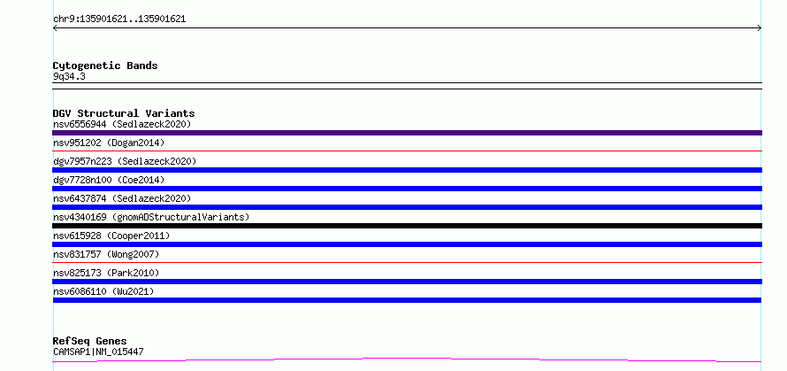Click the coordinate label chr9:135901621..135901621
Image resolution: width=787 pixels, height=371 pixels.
(x=119, y=19)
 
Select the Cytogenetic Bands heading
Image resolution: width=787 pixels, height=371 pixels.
(x=105, y=66)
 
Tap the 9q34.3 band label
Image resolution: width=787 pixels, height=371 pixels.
(x=69, y=77)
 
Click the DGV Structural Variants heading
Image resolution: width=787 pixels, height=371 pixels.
(x=124, y=113)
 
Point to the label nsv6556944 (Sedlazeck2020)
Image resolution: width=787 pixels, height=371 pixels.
(x=122, y=124)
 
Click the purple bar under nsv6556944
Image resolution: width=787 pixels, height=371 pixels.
(x=407, y=133)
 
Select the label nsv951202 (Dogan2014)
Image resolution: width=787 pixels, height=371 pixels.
(x=109, y=143)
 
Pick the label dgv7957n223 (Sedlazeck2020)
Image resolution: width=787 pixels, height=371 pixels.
(x=125, y=161)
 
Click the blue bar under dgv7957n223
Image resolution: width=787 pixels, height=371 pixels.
(x=407, y=170)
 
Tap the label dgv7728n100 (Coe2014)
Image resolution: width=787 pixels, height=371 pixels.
(x=109, y=180)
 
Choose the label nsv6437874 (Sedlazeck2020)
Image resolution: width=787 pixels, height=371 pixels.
(x=122, y=198)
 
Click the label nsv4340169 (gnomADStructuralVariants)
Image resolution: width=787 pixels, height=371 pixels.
(x=151, y=217)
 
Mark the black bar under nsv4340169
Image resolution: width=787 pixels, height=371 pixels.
(x=407, y=226)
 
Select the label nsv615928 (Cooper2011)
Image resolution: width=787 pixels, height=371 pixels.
(x=111, y=236)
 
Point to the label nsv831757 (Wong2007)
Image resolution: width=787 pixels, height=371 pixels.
(x=106, y=254)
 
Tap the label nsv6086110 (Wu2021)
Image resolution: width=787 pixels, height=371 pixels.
(x=103, y=291)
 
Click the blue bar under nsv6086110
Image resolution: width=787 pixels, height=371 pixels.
(x=407, y=300)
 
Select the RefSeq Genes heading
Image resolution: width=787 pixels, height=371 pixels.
(x=89, y=342)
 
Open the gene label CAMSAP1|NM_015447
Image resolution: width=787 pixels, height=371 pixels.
(x=98, y=352)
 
